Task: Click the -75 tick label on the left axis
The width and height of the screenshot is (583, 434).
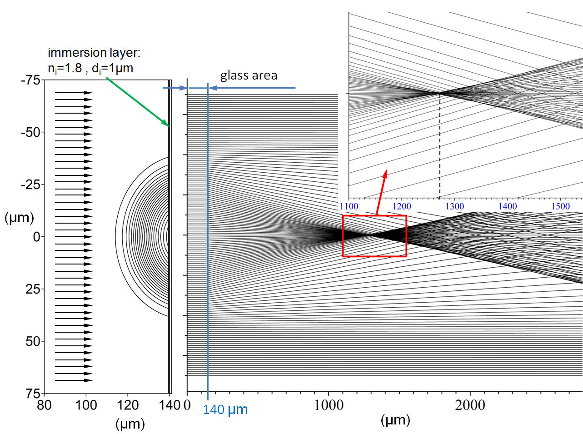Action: (x=31, y=80)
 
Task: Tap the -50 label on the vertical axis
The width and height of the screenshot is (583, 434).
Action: (x=31, y=133)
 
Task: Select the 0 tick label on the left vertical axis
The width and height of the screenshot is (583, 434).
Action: (x=37, y=237)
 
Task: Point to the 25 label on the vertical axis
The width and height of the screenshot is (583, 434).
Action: (x=33, y=289)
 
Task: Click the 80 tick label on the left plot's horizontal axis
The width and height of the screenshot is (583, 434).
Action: (x=44, y=405)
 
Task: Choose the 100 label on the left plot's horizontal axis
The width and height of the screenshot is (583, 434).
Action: (x=86, y=405)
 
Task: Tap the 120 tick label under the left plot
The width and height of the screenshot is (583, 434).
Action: (x=128, y=405)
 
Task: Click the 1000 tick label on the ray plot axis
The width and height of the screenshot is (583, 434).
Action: (x=329, y=405)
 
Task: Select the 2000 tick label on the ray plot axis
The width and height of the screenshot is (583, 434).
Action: (x=470, y=405)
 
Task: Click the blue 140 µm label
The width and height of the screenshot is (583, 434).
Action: (x=225, y=410)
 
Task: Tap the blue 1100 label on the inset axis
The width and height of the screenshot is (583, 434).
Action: (x=349, y=206)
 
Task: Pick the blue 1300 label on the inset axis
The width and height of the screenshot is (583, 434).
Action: (x=455, y=206)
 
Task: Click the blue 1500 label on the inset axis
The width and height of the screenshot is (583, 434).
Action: (x=560, y=206)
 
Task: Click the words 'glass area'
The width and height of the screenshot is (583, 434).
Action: (x=249, y=75)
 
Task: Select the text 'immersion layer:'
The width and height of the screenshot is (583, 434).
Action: (x=94, y=53)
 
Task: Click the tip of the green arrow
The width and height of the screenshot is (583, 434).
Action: (x=169, y=126)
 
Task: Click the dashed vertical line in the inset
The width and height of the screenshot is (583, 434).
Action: (x=440, y=145)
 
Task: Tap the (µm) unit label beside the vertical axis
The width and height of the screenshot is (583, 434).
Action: (x=19, y=218)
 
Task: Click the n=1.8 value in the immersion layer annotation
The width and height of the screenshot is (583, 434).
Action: (x=65, y=69)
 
